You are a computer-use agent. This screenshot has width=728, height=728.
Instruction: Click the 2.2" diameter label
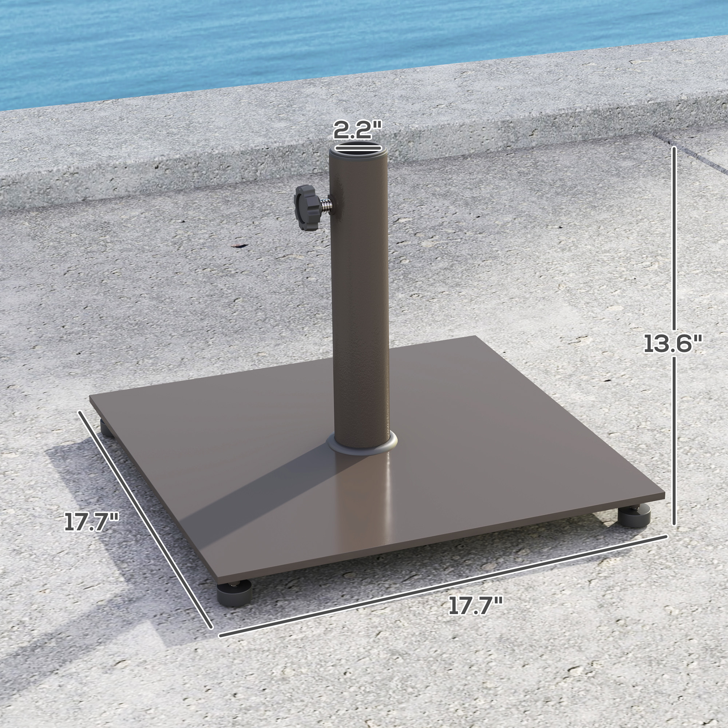(357, 130)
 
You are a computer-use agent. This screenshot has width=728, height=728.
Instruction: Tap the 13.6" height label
(673, 344)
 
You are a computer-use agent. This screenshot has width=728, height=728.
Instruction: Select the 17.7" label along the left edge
(92, 522)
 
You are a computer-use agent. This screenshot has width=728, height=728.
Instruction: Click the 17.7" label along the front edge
(475, 606)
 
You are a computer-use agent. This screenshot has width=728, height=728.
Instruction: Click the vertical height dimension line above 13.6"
(674, 237)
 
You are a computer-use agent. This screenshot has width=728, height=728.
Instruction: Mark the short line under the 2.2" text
(357, 143)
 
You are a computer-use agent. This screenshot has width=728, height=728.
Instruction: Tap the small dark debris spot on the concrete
(238, 246)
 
